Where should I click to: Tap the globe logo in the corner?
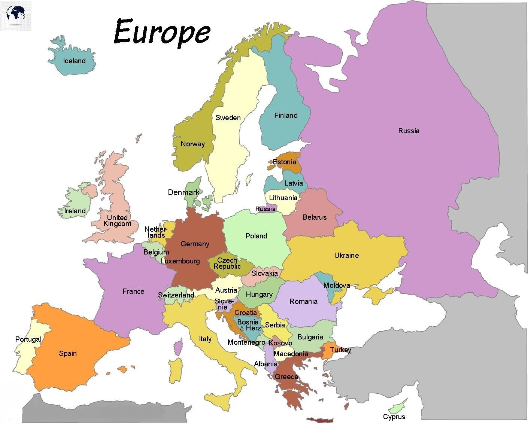(16, 15)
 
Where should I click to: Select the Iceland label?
(74, 61)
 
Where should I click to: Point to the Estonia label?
(284, 162)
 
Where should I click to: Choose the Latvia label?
(293, 183)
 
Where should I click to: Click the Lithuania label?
(283, 198)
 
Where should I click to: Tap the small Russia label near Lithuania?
(265, 209)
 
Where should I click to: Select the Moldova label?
(336, 286)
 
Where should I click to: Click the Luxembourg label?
(180, 261)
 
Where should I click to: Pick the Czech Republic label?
(227, 263)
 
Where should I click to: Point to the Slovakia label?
(264, 274)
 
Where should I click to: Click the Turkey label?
(340, 350)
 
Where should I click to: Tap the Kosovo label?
(280, 343)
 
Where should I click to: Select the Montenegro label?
(246, 342)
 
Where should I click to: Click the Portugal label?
(28, 339)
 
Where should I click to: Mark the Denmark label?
(183, 193)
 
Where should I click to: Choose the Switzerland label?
(176, 295)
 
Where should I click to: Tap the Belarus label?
(315, 217)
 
